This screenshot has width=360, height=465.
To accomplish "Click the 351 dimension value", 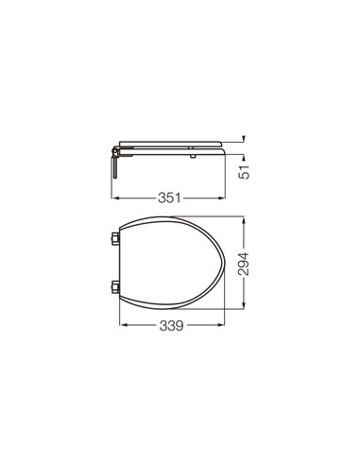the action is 169,198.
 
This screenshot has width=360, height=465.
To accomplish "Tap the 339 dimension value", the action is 171,325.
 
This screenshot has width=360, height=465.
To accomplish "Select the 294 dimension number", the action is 244,264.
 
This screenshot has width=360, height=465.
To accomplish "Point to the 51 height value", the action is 244,172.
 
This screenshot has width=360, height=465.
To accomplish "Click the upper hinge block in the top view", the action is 115,238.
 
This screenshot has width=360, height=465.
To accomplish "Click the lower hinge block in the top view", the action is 115,287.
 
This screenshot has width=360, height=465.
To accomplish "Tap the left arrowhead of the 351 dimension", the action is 115,198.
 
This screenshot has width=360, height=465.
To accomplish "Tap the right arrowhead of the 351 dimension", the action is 222,198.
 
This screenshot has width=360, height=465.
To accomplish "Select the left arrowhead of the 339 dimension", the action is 123,325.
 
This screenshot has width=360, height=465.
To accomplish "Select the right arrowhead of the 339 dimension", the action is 221,325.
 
